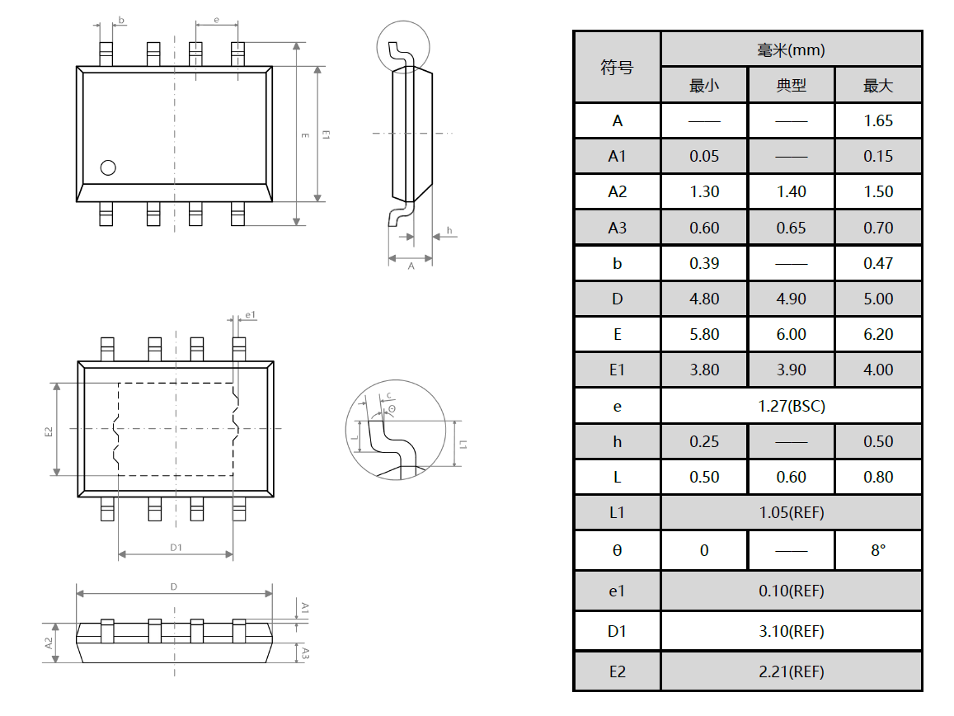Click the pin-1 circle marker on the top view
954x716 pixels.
click(x=108, y=167)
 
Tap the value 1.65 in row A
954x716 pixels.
click(x=878, y=120)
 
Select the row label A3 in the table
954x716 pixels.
click(x=617, y=228)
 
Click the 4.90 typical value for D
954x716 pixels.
click(x=791, y=299)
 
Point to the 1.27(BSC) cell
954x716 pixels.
click(x=791, y=406)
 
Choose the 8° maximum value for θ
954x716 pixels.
click(x=878, y=550)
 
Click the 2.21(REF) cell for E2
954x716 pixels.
click(x=791, y=671)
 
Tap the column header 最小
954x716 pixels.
click(x=704, y=86)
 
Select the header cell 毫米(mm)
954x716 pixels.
click(x=791, y=50)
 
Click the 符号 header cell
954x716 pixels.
click(x=617, y=68)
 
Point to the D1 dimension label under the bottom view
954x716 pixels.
click(x=176, y=547)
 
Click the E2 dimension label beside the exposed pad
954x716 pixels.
click(x=49, y=431)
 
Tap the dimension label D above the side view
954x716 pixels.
click(x=174, y=586)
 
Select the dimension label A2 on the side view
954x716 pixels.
click(x=49, y=643)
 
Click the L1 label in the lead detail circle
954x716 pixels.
click(x=463, y=444)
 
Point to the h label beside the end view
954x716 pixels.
click(x=449, y=230)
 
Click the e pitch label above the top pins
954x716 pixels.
click(x=216, y=19)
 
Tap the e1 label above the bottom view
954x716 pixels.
click(x=251, y=315)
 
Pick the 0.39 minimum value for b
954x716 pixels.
click(x=704, y=263)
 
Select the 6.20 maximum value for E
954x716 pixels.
click(x=878, y=334)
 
